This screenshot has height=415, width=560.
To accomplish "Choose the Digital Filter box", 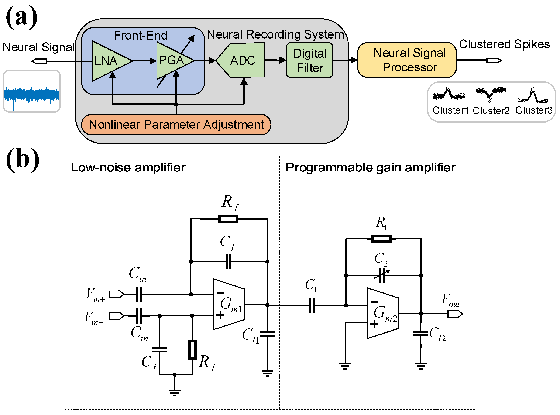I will click(310, 60).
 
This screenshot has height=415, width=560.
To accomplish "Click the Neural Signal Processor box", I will click(407, 60).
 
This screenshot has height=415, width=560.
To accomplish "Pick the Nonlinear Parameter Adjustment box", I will click(176, 125).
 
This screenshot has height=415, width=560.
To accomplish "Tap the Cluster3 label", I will click(534, 110).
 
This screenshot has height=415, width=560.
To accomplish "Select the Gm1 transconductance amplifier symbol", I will click(229, 304).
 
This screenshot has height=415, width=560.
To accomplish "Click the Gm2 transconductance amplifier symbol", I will click(382, 313).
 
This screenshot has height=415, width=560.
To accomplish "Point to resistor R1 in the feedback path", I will click(381, 239).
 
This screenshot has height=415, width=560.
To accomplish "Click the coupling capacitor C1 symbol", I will click(312, 305).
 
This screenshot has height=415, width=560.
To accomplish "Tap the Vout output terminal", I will click(455, 314).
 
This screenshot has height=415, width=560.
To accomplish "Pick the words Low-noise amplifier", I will click(128, 168).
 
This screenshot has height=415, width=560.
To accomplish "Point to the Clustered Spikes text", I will click(504, 44).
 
